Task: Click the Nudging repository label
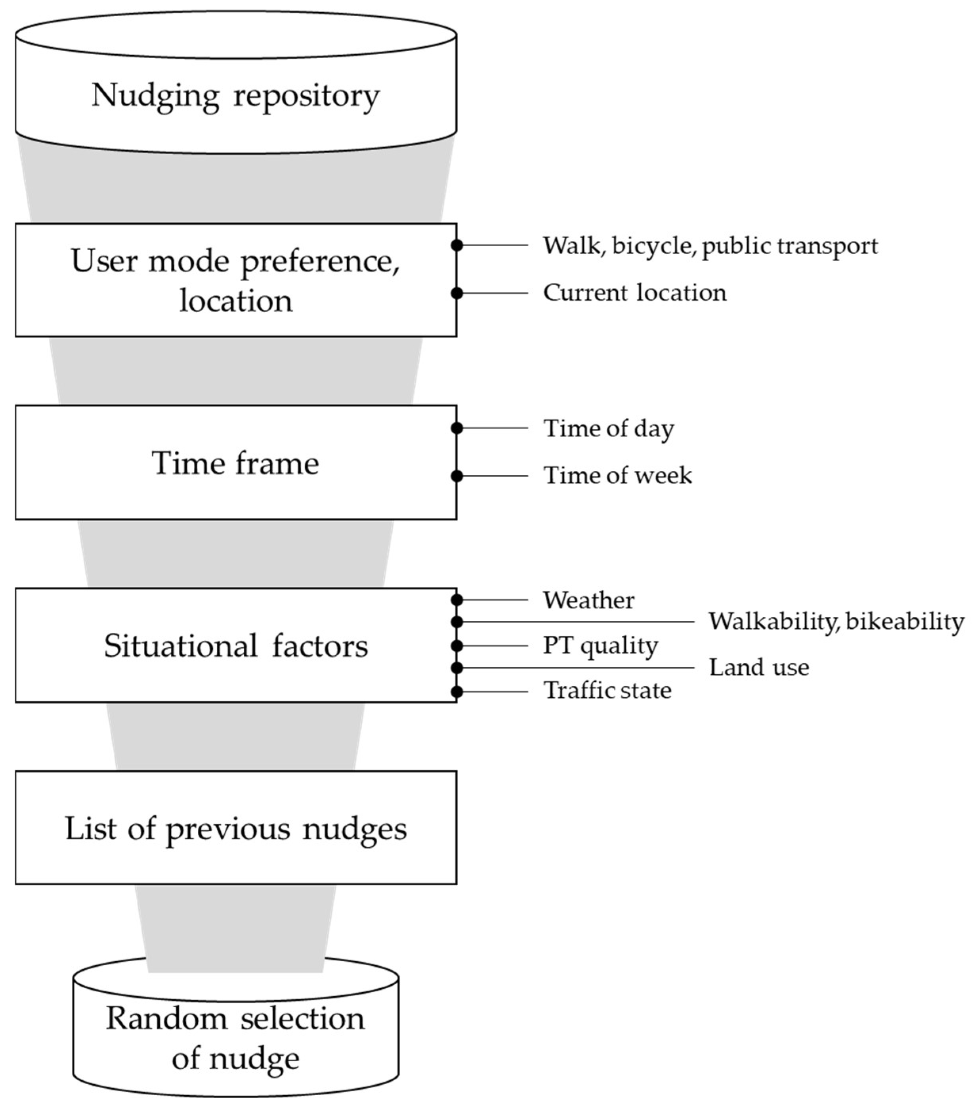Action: click(x=235, y=96)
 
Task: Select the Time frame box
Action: click(x=235, y=463)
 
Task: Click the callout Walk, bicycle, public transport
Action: click(x=710, y=246)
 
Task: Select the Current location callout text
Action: click(x=634, y=293)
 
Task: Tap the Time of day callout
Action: click(x=609, y=429)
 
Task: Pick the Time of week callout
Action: click(x=617, y=476)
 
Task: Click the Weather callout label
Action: click(x=588, y=600)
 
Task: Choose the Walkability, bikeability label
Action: click(x=836, y=622)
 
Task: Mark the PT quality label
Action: click(x=600, y=645)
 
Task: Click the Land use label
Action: click(x=758, y=668)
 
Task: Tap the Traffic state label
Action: click(x=607, y=691)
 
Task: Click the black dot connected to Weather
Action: click(x=457, y=599)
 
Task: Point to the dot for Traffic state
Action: click(x=457, y=691)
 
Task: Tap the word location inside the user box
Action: click(x=235, y=301)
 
